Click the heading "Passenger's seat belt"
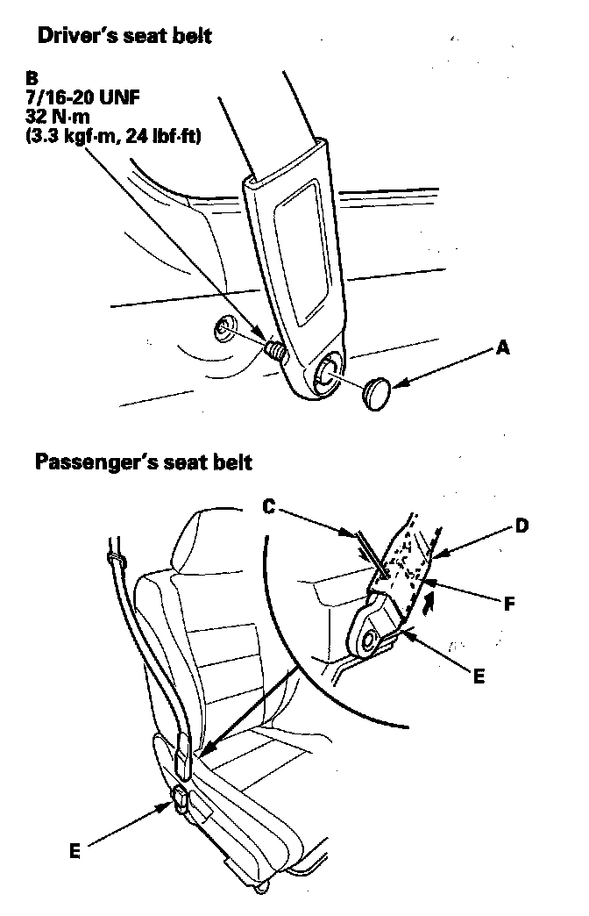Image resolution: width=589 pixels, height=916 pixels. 144,462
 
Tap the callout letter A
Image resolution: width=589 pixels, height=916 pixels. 502,348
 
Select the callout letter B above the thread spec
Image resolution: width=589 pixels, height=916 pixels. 32,77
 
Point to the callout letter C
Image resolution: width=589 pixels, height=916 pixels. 270,506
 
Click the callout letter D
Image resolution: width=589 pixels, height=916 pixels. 522,526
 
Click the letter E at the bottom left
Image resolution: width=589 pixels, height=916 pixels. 75,850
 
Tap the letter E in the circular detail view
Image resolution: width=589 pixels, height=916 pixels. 478,676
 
